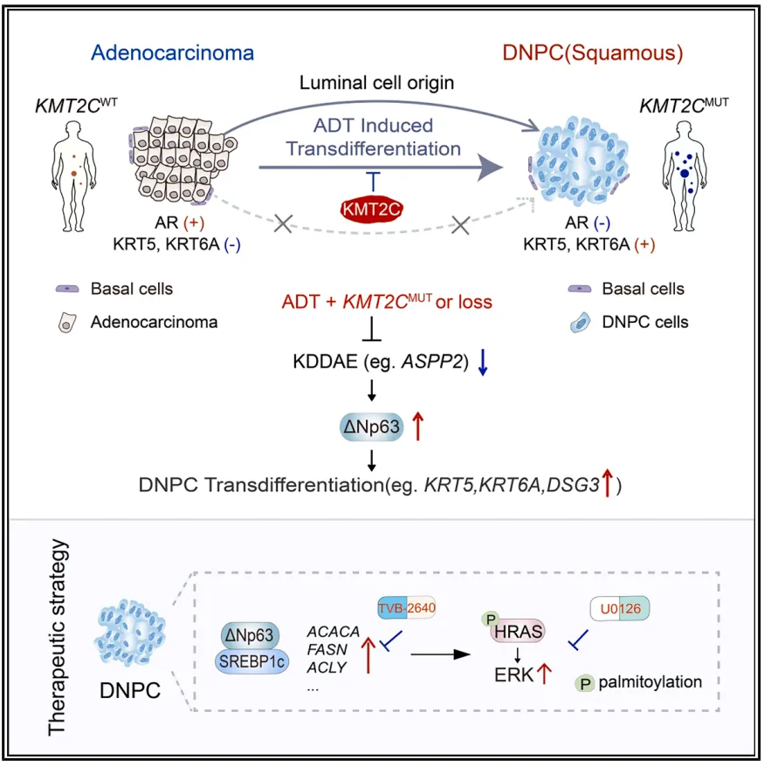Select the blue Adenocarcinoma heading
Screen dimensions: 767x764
(x=175, y=52)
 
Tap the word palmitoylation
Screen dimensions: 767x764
(x=650, y=681)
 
